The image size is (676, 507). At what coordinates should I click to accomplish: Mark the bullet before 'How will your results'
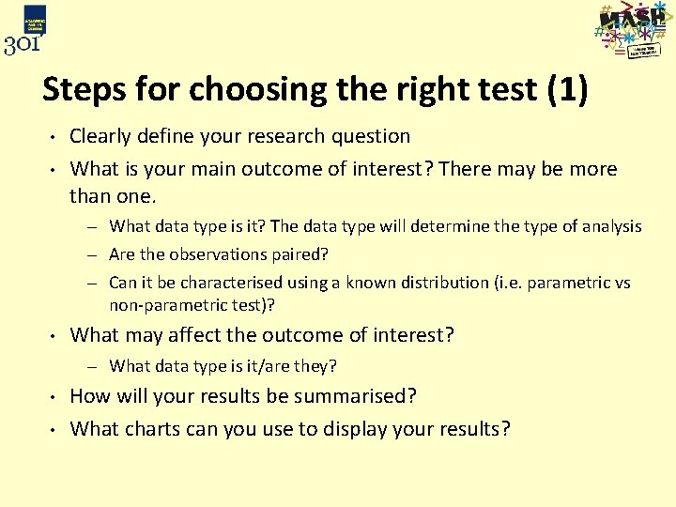54,396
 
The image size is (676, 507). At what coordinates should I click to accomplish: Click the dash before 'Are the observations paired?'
97,254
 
